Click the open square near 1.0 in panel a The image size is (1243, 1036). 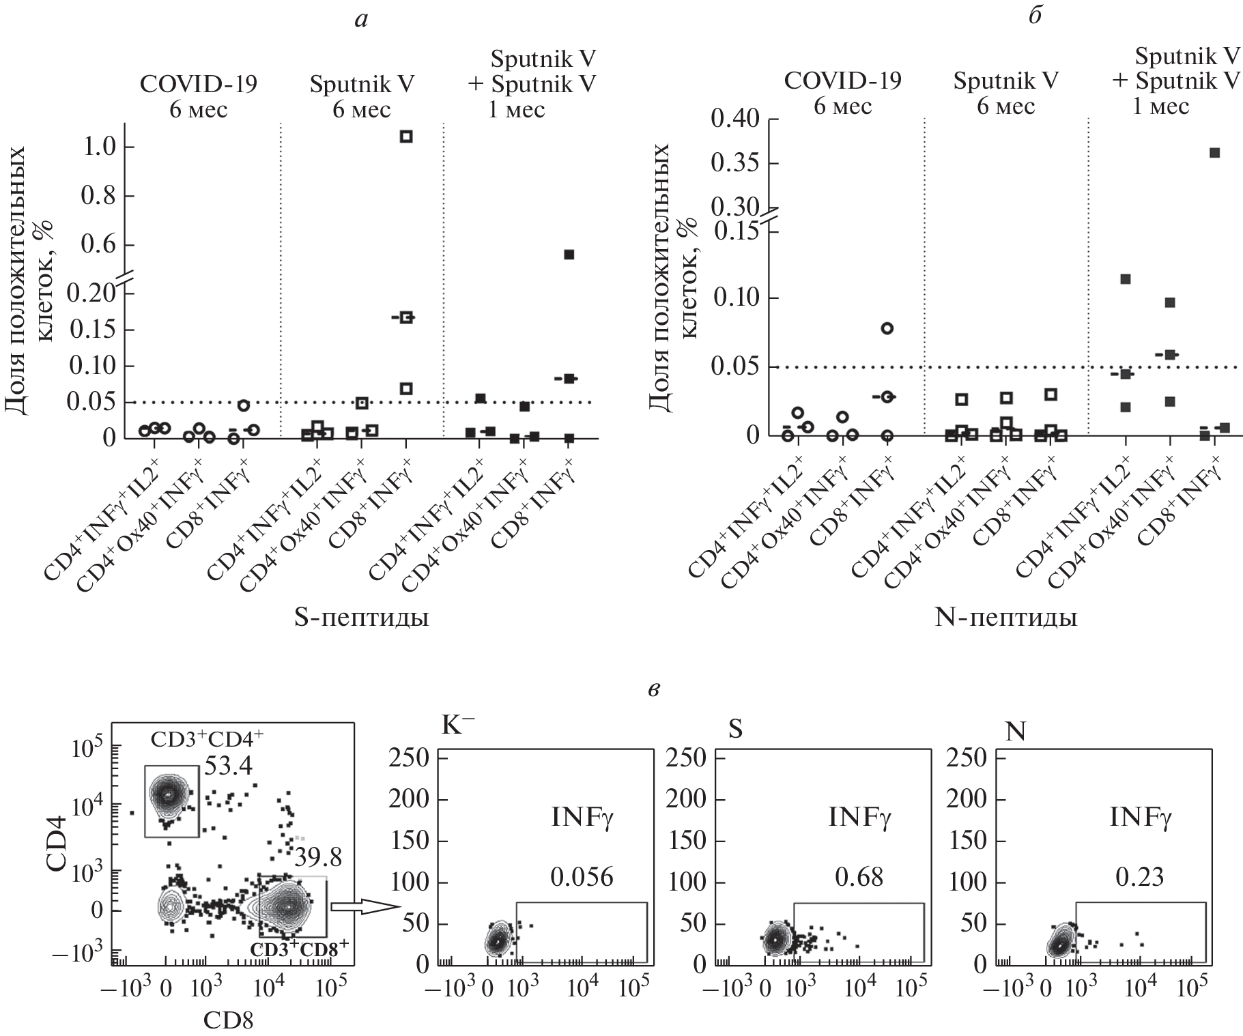[406, 136]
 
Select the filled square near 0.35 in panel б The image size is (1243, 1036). [1214, 153]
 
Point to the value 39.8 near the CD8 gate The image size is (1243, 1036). [317, 858]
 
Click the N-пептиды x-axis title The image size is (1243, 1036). [1005, 618]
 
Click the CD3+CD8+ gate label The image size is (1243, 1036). [300, 949]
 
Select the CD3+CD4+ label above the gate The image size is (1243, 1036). [197, 740]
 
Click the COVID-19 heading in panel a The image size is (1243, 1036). [199, 84]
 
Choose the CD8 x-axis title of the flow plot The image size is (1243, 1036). [228, 1020]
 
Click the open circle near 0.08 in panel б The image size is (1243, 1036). [887, 328]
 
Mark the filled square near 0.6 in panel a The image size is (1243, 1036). [569, 255]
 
